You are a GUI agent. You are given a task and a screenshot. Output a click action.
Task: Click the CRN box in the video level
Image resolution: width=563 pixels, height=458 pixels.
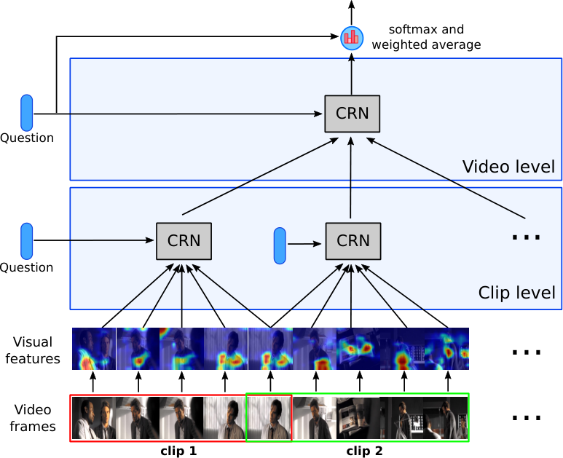[352, 114]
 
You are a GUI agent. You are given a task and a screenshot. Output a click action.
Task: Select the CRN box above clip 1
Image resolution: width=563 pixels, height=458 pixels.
[184, 241]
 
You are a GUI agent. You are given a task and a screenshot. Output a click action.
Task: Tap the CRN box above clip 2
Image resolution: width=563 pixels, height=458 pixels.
[353, 241]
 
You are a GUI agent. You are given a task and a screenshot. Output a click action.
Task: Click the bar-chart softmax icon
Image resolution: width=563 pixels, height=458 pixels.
[352, 38]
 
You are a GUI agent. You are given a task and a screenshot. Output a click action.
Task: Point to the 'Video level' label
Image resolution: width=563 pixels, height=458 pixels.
[508, 167]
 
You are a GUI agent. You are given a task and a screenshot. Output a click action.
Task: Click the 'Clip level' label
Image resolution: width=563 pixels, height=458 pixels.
[516, 293]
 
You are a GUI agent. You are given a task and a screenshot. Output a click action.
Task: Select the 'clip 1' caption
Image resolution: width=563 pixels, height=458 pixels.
[178, 451]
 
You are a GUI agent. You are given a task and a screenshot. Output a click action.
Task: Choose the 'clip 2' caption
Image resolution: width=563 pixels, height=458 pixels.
[364, 451]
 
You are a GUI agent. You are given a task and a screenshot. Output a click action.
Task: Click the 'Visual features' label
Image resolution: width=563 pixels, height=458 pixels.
[33, 350]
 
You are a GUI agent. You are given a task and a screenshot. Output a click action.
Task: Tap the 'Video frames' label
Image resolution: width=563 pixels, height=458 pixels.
[33, 418]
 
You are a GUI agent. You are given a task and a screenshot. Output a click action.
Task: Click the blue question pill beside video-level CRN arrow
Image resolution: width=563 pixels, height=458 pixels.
[26, 113]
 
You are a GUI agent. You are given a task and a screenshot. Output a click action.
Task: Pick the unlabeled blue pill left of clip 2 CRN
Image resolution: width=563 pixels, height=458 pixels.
[280, 246]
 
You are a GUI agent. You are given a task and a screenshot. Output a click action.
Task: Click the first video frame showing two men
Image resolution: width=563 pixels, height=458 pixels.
[94, 418]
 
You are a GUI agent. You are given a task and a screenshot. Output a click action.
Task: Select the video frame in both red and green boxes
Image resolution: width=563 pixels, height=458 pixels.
[269, 418]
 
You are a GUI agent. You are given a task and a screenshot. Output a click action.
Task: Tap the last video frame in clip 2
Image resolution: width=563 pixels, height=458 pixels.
[446, 418]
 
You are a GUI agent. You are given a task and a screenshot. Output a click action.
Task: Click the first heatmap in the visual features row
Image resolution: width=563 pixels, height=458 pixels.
[94, 349]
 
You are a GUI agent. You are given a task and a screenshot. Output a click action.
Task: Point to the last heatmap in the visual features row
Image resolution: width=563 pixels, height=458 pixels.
[446, 349]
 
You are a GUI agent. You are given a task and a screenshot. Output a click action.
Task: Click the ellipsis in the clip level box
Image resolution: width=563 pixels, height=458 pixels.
[526, 237]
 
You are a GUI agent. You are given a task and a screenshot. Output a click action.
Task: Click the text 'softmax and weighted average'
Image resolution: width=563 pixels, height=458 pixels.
[426, 37]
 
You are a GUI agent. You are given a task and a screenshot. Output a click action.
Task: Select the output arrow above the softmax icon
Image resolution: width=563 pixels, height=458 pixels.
[352, 12]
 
